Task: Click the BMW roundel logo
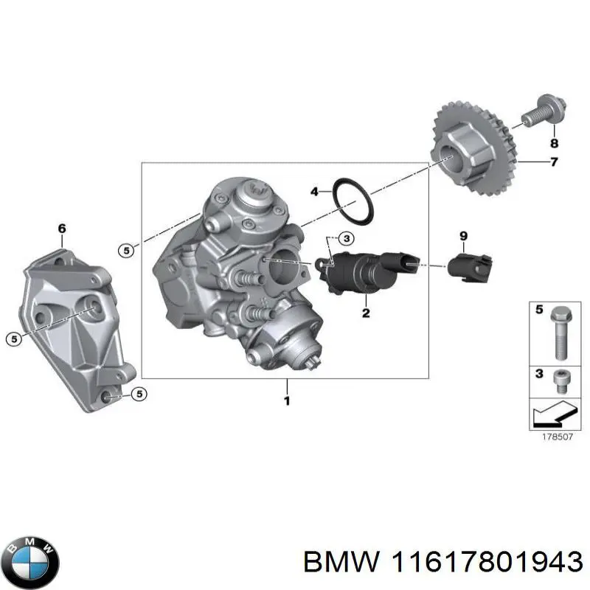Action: (x=30, y=558)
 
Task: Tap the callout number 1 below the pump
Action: (x=287, y=400)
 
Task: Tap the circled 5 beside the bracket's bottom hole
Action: (x=138, y=394)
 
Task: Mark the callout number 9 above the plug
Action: (x=463, y=235)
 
